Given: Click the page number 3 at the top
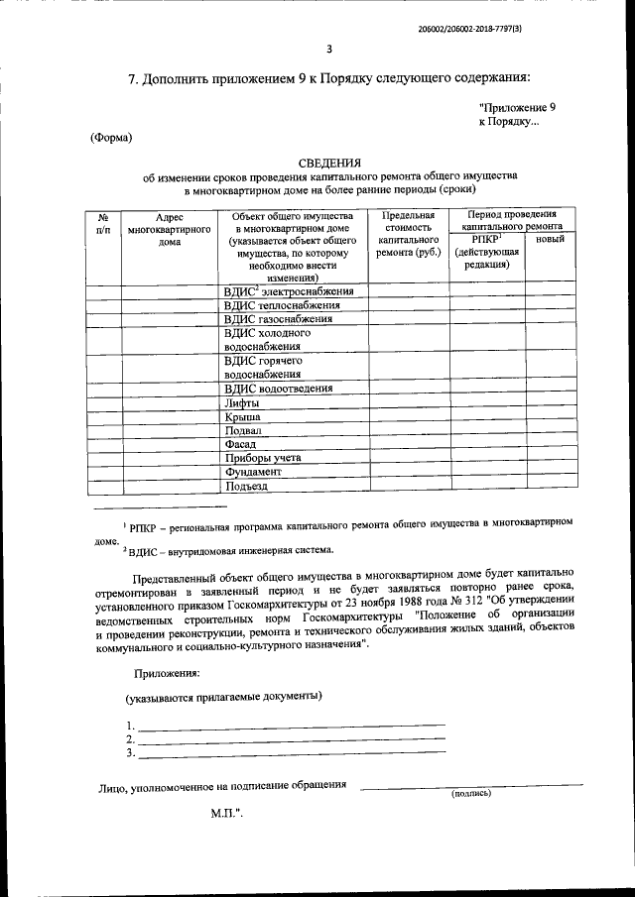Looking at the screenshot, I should coord(330,51).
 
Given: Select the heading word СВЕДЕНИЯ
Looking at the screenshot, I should coord(330,163).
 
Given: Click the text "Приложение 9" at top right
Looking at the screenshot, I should coord(517,106).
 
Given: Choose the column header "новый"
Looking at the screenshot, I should coord(551,240).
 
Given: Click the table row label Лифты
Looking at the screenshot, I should coord(243,403).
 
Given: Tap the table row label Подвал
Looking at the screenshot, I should coord(244,431).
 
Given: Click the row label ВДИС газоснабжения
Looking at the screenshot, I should coord(278,319).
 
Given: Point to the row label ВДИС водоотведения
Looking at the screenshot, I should coord(279,389).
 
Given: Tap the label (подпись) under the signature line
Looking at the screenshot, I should coord(470,793).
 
